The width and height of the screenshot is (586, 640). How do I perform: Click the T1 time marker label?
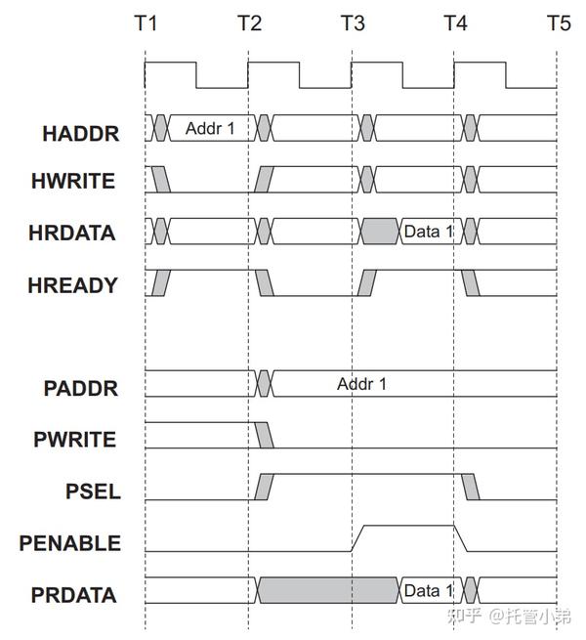point(145,23)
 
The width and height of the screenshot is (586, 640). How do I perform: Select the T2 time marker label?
point(249,23)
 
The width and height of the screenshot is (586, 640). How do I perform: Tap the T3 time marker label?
point(353,23)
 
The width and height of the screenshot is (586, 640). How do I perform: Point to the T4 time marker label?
point(455,23)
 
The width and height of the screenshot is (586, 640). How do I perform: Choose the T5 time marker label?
point(559,23)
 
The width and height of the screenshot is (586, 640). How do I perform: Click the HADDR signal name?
point(81,133)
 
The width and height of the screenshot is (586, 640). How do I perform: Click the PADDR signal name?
point(81,388)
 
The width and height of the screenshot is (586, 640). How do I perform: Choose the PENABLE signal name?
point(70,543)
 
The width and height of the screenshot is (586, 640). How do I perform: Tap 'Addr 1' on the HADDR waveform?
point(209,128)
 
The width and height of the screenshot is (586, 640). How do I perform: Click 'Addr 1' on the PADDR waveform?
point(361,384)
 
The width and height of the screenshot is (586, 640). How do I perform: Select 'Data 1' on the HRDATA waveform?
point(428,233)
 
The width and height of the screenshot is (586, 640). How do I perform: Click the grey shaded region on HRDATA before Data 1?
point(379,233)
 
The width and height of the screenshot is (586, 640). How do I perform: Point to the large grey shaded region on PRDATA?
point(327,591)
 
